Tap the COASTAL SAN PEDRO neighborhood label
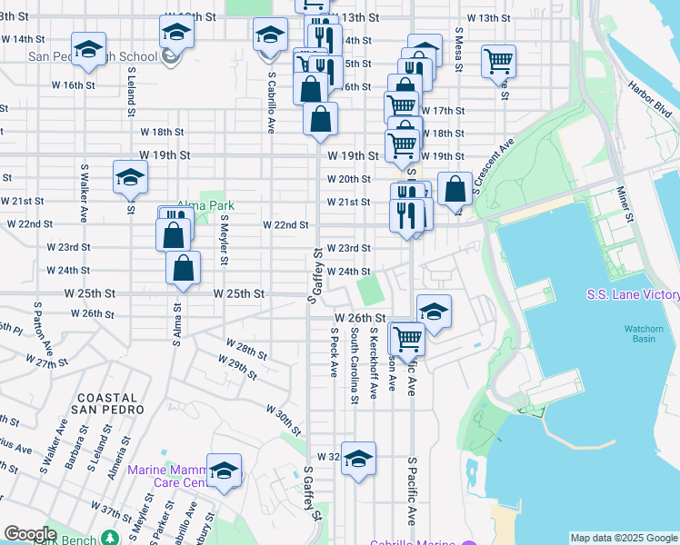111,404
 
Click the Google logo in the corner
30,534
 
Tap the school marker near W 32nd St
359,460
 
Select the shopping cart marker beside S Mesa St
498,61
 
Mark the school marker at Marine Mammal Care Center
224,471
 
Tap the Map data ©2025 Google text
623,538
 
